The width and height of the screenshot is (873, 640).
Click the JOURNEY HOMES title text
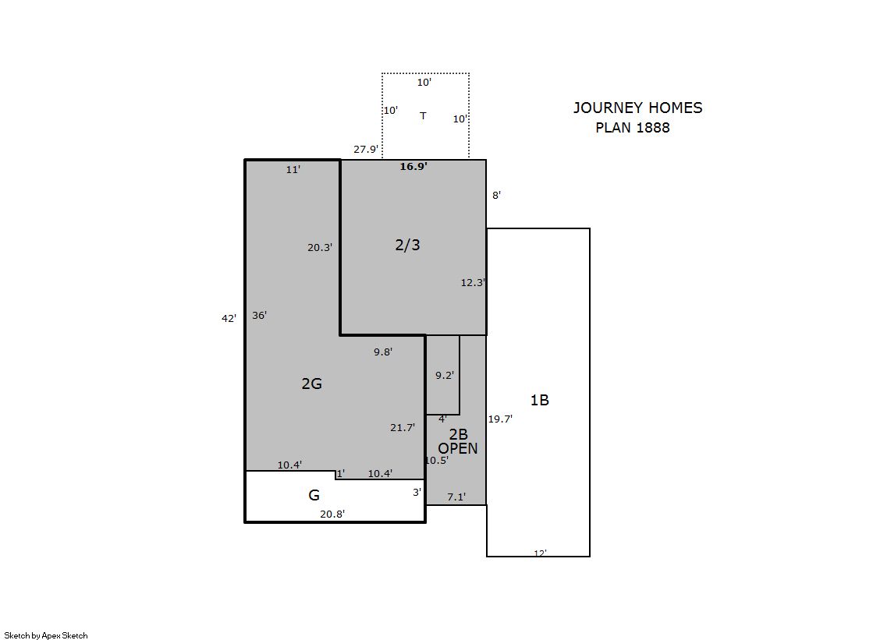point(638,108)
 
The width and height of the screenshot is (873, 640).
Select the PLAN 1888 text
point(633,127)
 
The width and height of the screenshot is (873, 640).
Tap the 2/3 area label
point(407,245)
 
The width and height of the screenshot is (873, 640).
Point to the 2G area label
point(312,384)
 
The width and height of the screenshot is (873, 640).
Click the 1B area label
point(540,400)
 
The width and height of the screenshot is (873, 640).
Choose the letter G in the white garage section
point(314,495)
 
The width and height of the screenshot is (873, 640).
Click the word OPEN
point(458,448)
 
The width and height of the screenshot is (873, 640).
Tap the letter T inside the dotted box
point(423,115)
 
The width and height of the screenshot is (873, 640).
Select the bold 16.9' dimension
point(413,166)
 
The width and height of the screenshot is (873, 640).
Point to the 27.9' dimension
point(366,149)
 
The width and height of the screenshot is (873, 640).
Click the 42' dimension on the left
point(229,318)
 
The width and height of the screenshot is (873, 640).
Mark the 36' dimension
point(260,315)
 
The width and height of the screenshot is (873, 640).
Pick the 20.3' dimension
point(320,248)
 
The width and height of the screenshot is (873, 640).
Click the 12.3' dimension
point(473,283)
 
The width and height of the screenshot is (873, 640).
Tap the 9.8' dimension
point(383,352)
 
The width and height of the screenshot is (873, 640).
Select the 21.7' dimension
point(403,427)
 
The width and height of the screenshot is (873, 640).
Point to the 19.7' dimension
point(500,419)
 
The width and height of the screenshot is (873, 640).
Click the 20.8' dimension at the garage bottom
point(332,514)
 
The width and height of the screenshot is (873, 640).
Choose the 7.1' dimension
point(456,497)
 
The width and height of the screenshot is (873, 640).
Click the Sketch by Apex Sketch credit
point(46,635)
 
